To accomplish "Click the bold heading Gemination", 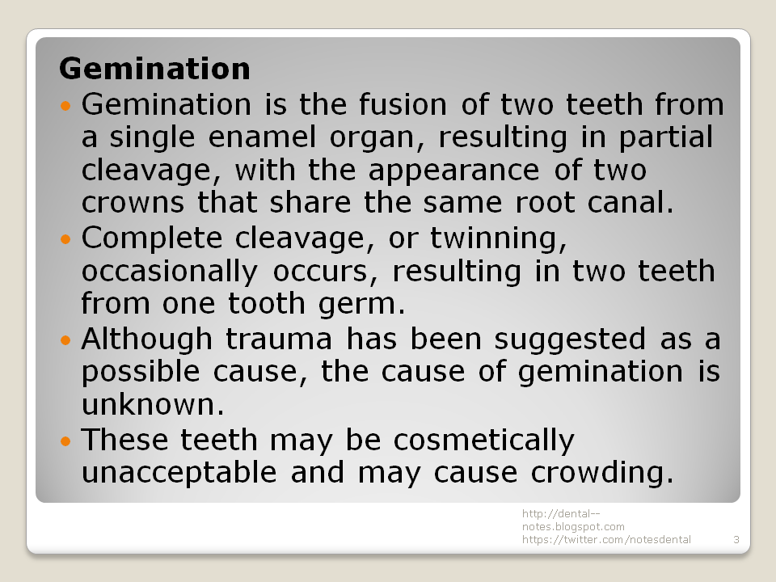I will coord(154,68).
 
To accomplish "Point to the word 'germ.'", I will coord(359,305).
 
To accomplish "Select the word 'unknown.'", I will coord(152,404).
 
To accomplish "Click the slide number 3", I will coord(736,539).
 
